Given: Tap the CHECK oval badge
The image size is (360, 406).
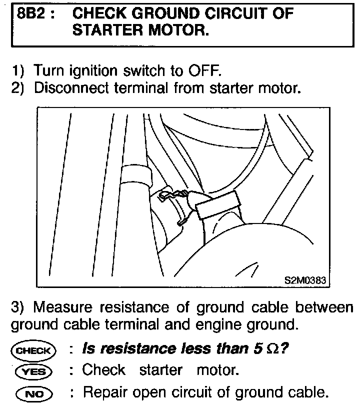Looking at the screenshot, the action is click(34, 350).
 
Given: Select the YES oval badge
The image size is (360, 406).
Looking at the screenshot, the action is click(34, 371).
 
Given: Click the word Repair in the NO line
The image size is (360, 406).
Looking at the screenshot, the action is click(106, 391).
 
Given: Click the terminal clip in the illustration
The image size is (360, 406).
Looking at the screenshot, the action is click(175, 200).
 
